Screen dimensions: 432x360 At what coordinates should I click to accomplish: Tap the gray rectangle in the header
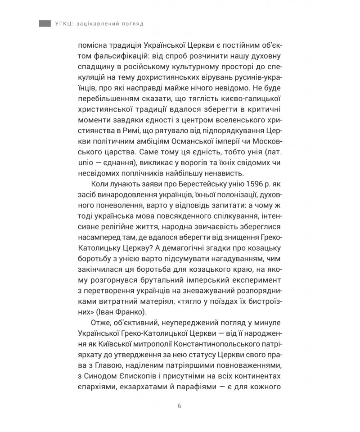[x=45, y=23]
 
